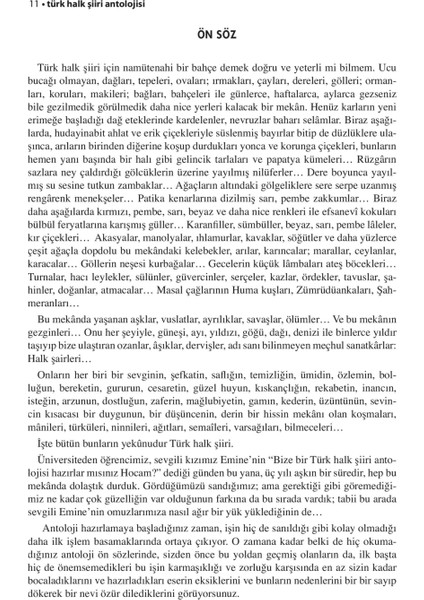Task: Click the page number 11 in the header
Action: tap(7, 8)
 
